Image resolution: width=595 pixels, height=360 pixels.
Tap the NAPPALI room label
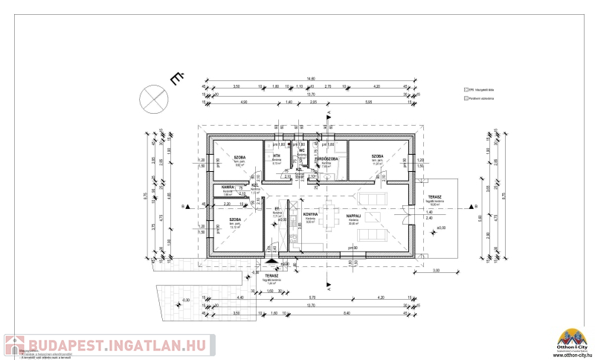353,216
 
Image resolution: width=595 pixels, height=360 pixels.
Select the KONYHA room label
310,214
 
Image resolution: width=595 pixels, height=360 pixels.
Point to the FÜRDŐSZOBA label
327,158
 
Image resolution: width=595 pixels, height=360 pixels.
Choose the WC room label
302,150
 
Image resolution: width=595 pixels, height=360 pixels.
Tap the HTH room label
276,155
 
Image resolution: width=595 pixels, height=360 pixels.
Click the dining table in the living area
329,213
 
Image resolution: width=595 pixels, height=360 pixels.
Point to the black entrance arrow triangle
268,261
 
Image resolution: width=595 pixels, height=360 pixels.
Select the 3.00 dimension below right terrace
437,271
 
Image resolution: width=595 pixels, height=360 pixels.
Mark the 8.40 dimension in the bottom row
347,313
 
